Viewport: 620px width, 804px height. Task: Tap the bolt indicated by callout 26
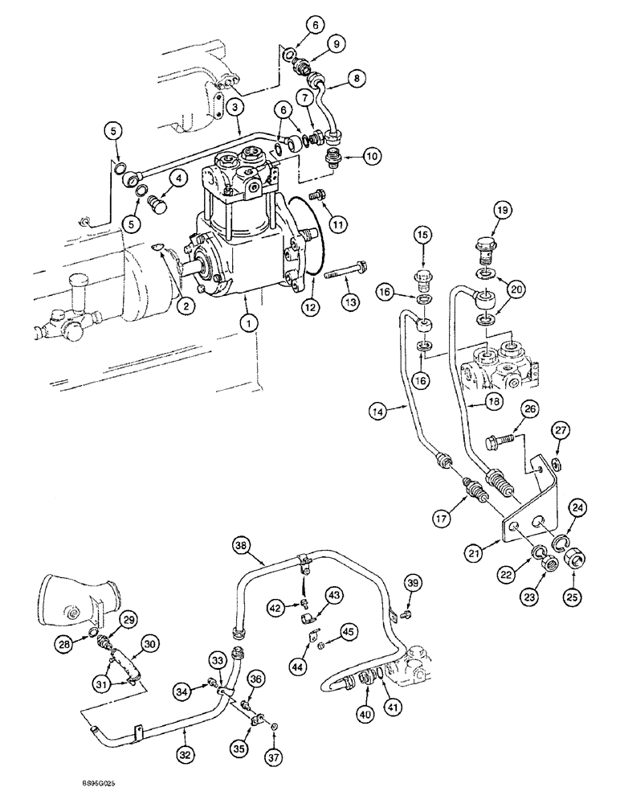click(501, 441)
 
